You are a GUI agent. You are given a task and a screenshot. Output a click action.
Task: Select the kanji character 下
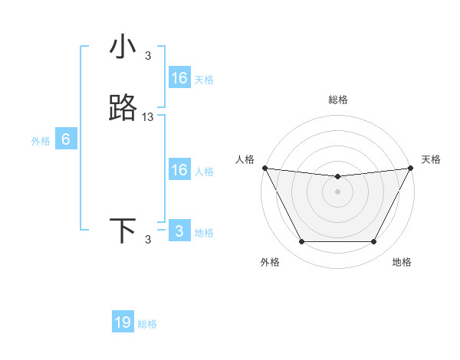123,231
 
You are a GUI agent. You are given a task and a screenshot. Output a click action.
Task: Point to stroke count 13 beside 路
148,116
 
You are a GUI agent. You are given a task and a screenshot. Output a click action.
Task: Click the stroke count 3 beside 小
148,55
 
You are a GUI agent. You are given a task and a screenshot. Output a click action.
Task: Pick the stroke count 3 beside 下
148,239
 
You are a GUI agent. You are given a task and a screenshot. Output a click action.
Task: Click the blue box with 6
66,139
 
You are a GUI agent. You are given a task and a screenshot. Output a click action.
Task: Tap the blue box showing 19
123,322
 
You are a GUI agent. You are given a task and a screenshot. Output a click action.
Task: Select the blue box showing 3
179,231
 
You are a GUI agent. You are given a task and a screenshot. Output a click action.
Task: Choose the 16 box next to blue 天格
179,78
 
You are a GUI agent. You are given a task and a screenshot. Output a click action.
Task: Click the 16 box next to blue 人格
179,170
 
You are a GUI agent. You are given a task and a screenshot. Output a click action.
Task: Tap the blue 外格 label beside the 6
41,141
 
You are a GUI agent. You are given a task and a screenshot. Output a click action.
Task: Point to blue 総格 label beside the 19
147,324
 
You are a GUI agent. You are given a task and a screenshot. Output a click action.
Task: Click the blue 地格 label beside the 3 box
204,233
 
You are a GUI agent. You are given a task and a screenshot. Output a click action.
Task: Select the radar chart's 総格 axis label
337,100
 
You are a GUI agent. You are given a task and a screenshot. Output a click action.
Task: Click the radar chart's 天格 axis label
432,159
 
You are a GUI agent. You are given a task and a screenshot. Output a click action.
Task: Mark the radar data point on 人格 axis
264,168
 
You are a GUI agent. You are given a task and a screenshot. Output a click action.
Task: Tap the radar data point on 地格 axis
374,242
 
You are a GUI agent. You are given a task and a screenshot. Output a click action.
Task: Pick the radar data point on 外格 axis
301,242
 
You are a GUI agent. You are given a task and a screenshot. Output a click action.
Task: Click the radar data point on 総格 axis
337,177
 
